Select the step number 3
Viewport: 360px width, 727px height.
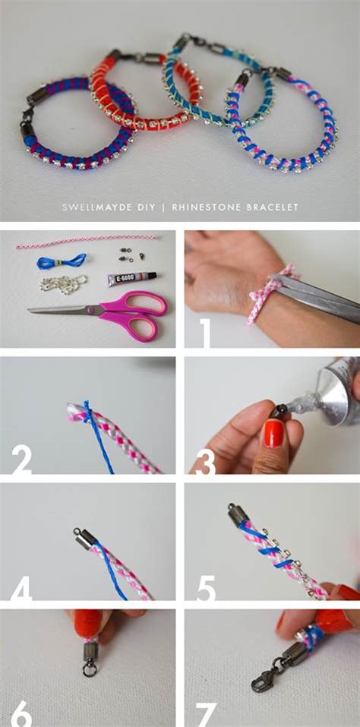[204, 460]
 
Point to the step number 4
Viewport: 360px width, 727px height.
[21, 586]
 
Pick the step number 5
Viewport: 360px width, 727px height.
[205, 588]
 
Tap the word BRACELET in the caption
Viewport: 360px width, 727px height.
[276, 207]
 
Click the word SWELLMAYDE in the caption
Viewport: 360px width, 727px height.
[87, 207]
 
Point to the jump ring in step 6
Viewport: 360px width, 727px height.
[88, 669]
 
